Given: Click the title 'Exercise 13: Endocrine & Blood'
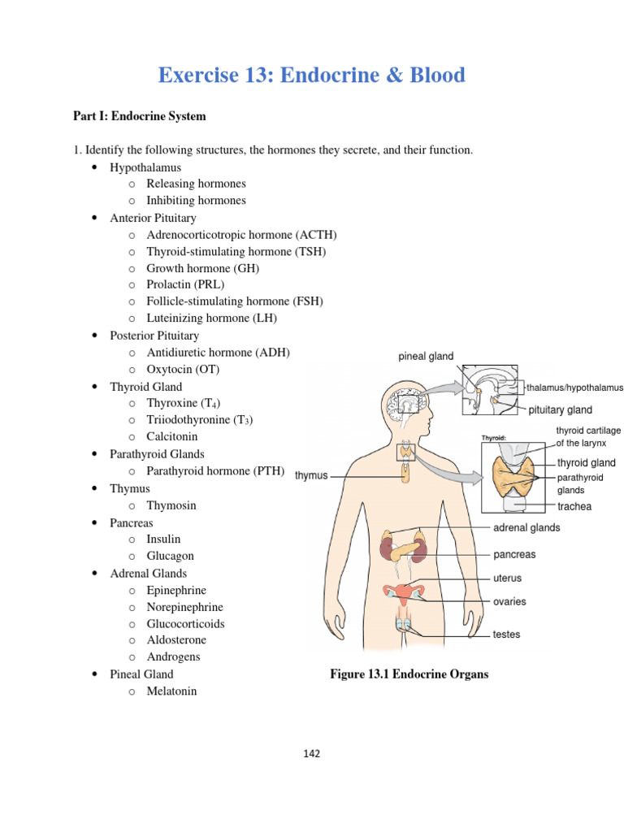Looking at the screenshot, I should tap(312, 76).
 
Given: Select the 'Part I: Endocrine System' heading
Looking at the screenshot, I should tap(140, 116).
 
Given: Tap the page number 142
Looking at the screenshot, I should tap(312, 753).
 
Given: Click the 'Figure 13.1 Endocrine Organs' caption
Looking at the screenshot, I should tap(409, 674).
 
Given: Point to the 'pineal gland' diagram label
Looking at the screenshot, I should tap(426, 357).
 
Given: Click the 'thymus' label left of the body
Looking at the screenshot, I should tap(311, 475).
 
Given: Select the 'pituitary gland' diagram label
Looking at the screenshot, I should tap(561, 410).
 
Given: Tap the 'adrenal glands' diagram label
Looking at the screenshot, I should tap(526, 527).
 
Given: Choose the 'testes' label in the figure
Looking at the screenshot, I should tap(507, 635).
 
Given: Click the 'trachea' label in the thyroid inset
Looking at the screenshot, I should tap(574, 506).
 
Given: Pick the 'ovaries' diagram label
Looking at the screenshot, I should tap(509, 602).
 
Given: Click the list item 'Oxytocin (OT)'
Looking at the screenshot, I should tap(183, 370).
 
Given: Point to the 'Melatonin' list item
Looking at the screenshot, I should tap(171, 691).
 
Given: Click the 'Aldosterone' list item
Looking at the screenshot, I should tap(175, 640).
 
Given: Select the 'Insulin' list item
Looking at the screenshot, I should tap(163, 539).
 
